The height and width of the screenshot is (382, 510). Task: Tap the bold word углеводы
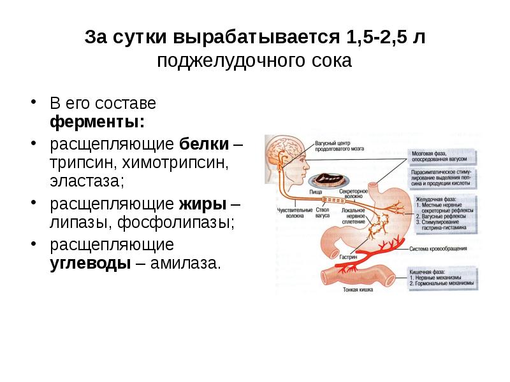pyautogui.click(x=90, y=264)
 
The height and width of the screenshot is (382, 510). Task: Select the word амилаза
pyautogui.click(x=187, y=264)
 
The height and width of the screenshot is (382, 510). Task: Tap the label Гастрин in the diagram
pyautogui.click(x=349, y=257)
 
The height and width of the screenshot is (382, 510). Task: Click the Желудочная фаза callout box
pyautogui.click(x=442, y=213)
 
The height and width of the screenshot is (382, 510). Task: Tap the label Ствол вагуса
pyautogui.click(x=323, y=212)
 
